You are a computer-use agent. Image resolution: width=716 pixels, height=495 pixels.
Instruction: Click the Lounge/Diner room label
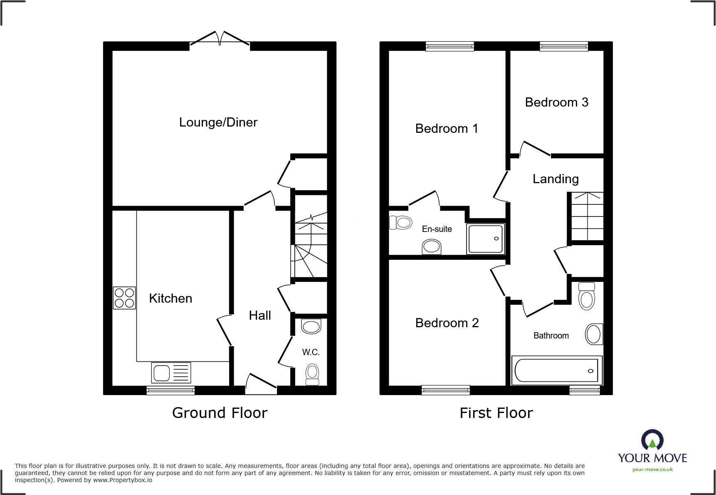(x=218, y=122)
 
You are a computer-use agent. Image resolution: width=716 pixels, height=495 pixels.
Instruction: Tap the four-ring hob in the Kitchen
(x=124, y=298)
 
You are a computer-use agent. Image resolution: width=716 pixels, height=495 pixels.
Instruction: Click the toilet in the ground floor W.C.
(x=312, y=374)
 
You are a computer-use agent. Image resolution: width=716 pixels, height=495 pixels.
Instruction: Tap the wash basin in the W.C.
(x=311, y=326)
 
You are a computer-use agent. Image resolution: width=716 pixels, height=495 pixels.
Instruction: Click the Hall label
(x=260, y=316)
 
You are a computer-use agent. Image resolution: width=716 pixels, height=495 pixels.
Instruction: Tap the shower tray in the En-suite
(x=485, y=239)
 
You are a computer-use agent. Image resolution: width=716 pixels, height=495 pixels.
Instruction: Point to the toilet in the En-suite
(x=400, y=223)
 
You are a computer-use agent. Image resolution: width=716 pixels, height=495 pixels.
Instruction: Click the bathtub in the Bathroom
(x=556, y=370)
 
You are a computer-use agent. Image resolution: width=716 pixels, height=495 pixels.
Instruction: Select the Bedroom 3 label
(x=556, y=102)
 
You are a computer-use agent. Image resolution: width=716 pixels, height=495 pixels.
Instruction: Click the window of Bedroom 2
(x=445, y=390)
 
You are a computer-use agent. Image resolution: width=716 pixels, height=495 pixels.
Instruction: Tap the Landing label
(x=556, y=179)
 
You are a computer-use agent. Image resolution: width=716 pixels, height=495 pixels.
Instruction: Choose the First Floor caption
(x=496, y=413)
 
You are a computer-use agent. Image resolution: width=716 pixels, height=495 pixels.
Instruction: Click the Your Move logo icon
(x=652, y=440)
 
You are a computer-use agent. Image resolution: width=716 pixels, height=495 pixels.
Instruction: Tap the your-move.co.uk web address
(x=652, y=470)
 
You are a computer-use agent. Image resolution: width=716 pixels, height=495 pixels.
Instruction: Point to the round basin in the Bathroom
(x=593, y=334)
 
